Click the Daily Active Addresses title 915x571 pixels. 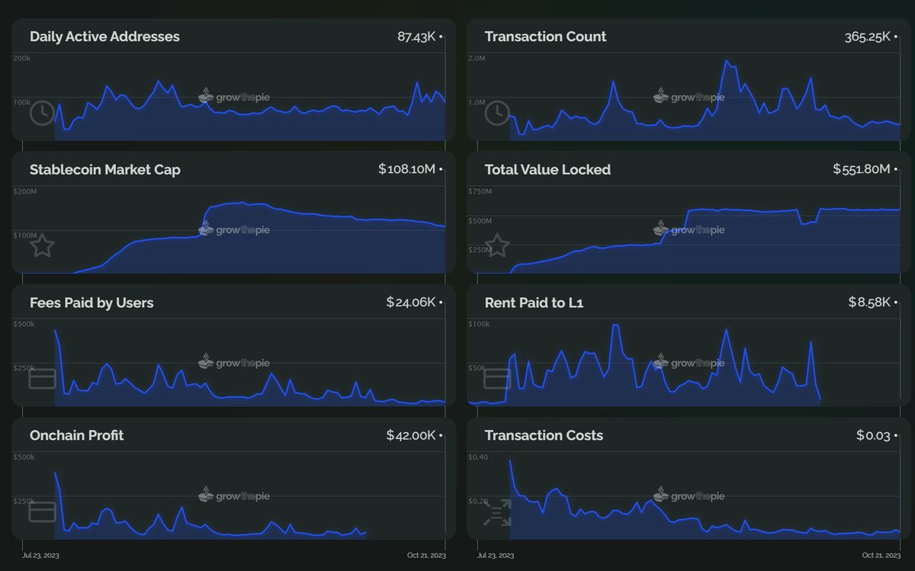coord(104,37)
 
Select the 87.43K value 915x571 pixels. coord(416,37)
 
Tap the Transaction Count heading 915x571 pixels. coord(545,37)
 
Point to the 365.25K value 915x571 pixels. coord(867,37)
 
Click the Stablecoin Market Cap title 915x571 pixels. coord(105,169)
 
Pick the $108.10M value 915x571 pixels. coord(406,169)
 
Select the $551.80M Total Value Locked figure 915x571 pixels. coord(862,169)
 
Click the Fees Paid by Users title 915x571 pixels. coord(91,303)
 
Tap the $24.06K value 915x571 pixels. coord(410,303)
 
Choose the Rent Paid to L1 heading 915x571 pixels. coord(534,303)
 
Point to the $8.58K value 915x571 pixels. coord(869,303)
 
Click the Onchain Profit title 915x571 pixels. coord(76,435)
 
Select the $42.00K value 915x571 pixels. coord(410,435)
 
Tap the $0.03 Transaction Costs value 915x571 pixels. coord(873,435)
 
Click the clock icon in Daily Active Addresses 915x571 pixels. coord(42,113)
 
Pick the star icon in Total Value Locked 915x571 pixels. coord(497,245)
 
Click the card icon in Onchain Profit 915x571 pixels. coord(42,512)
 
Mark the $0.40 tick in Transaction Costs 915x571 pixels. coord(478,457)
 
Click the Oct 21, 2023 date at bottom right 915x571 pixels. coord(881,556)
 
